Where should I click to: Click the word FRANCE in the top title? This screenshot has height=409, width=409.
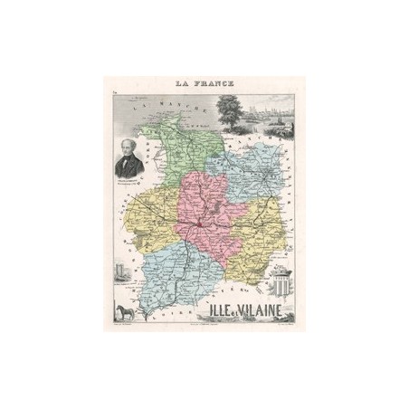(x=214, y=84)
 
